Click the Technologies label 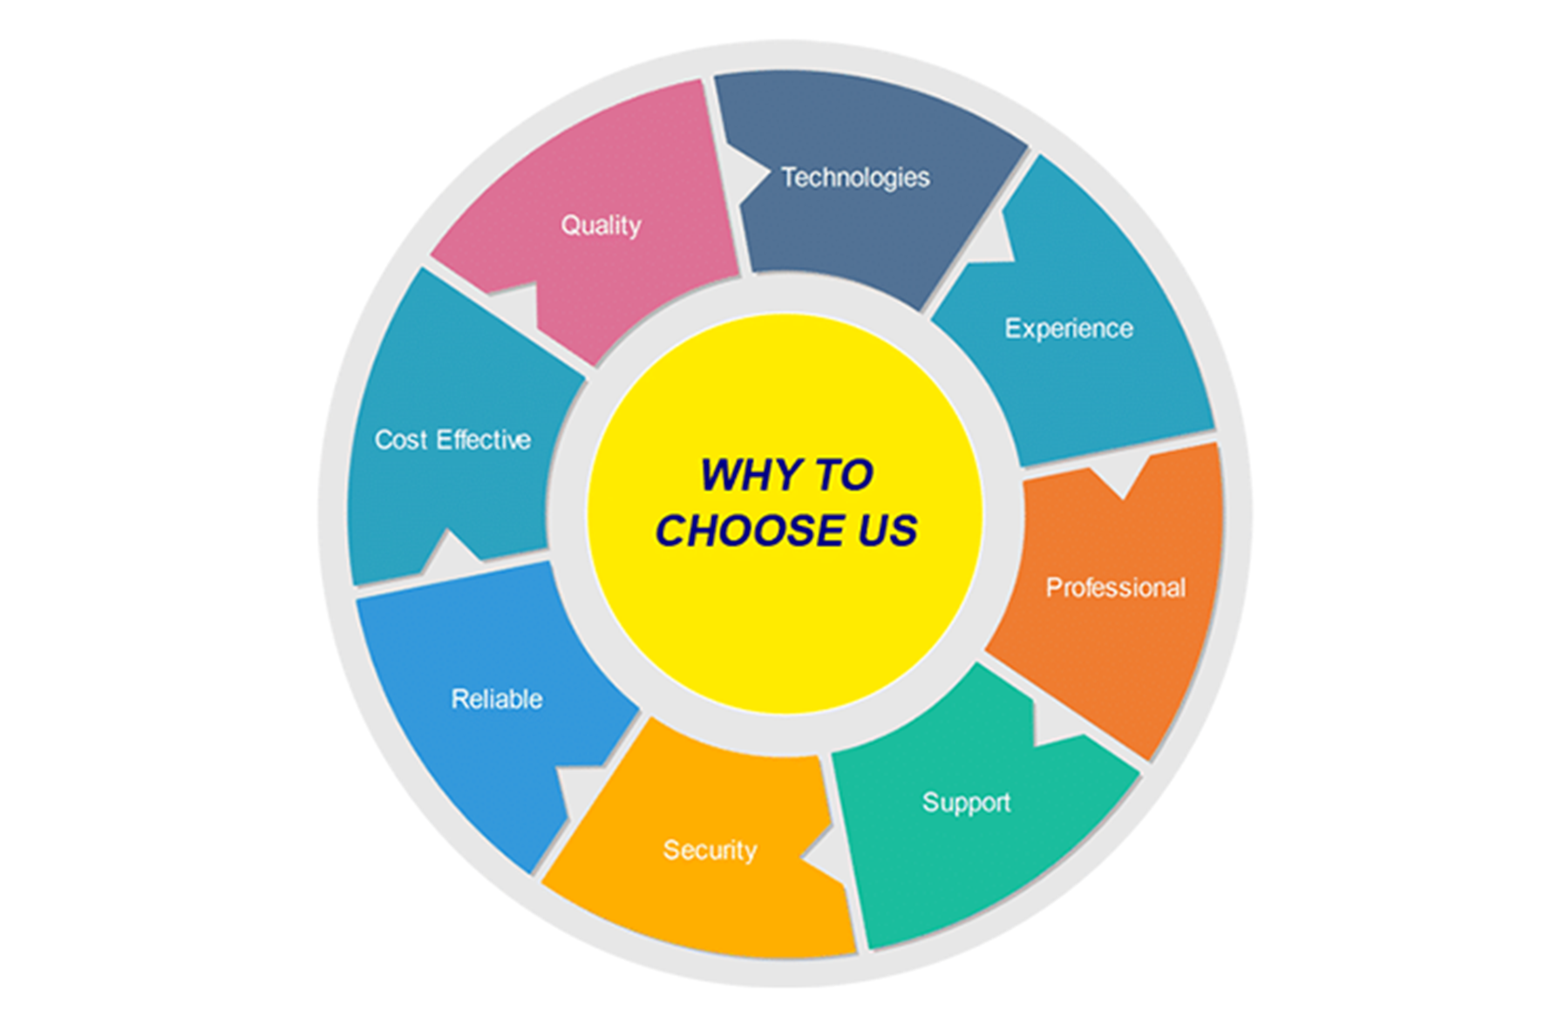(855, 178)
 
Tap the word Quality (601, 226)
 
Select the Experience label (1069, 329)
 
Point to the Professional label (1116, 587)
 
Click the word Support (967, 803)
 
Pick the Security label (710, 850)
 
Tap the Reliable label (497, 699)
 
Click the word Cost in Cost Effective (401, 440)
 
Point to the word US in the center (887, 531)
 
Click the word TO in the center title (844, 475)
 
